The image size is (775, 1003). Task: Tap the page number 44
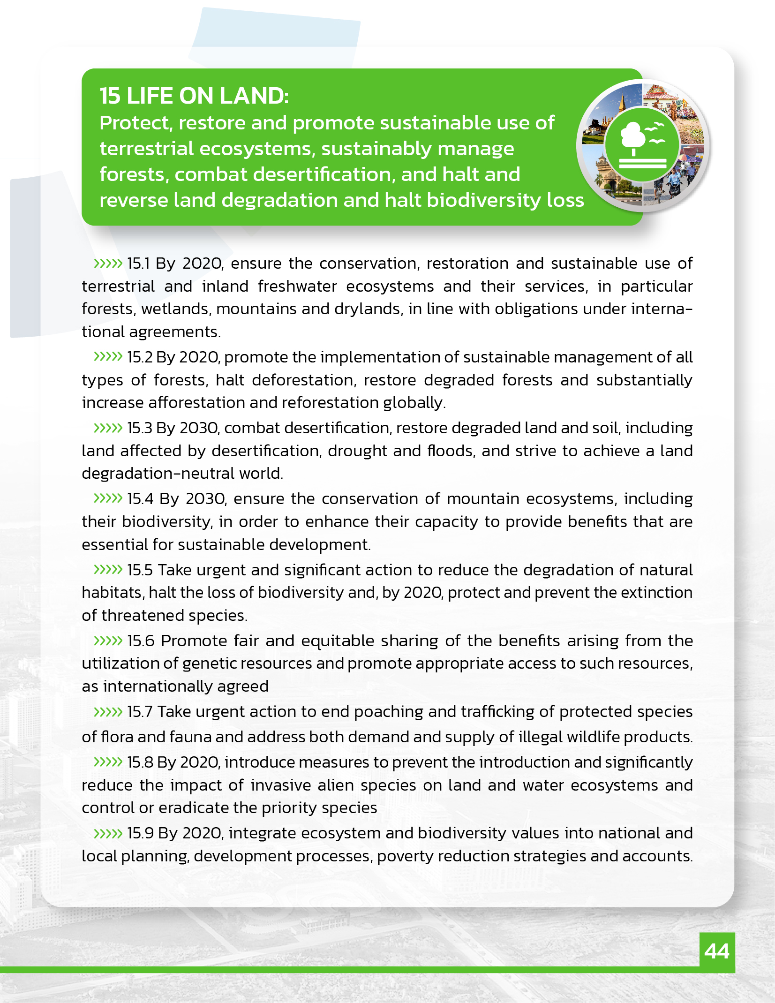point(717,951)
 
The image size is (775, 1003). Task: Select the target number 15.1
point(138,264)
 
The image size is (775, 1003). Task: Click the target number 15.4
point(140,499)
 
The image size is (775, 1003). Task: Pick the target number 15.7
point(139,712)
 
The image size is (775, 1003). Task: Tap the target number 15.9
point(140,833)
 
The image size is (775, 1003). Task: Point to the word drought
point(357,451)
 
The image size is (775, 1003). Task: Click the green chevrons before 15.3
point(108,428)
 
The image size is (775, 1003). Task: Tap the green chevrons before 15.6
point(108,641)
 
